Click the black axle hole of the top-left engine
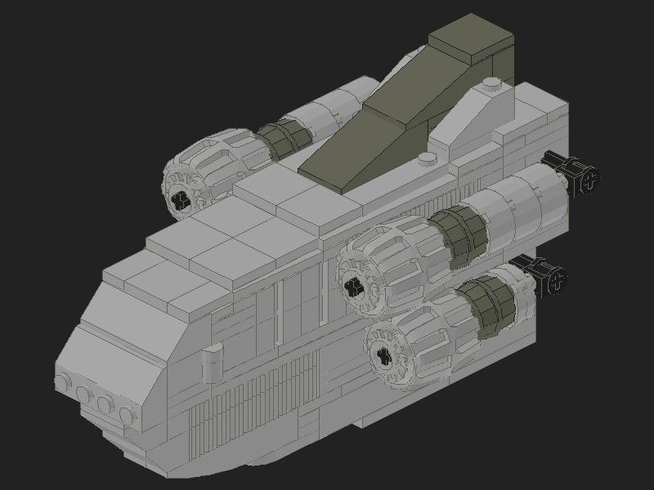pos(181,201)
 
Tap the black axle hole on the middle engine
pos(354,286)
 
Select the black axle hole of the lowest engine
pos(380,355)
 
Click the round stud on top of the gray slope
pos(490,83)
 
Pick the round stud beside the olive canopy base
pos(428,158)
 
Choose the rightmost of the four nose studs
pos(125,415)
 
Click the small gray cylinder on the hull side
pos(211,360)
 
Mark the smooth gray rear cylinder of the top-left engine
pos(335,110)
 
